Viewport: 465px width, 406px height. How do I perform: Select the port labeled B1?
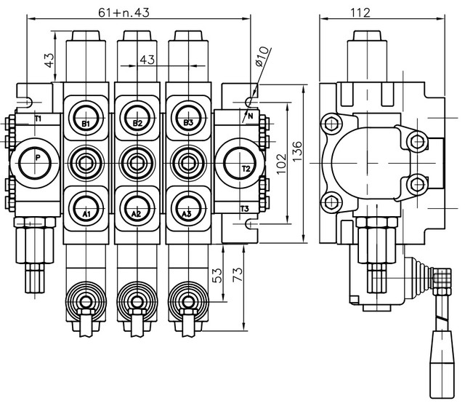pos(85,122)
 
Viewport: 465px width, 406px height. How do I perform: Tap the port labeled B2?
pos(137,122)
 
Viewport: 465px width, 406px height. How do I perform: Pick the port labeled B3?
pos(188,122)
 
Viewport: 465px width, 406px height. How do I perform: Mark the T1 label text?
pos(39,118)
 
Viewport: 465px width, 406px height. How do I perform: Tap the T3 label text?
pos(245,210)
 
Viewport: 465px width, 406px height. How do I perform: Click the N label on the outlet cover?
pos(249,117)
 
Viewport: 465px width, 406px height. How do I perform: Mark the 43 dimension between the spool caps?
pos(147,60)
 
